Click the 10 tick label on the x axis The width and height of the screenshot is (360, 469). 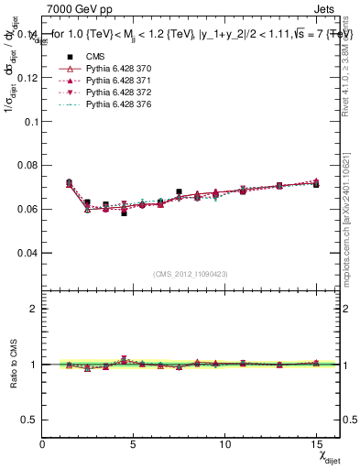pos(224,444)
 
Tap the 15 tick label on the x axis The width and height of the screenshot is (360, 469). pos(316,444)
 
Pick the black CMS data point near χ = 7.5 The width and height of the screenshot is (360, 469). pos(179,192)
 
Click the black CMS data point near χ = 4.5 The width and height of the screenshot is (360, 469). pos(124,213)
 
